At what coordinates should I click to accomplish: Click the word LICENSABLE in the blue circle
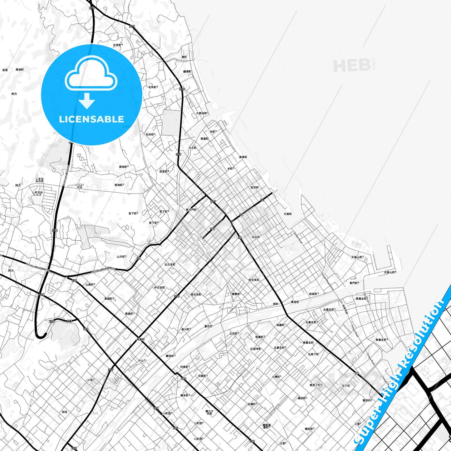tap(91, 119)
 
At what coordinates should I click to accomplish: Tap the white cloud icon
tap(91, 75)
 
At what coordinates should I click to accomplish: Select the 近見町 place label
tap(117, 45)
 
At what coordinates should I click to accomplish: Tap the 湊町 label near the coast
tap(184, 57)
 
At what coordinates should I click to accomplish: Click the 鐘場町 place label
tap(187, 71)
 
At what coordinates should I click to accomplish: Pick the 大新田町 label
tap(202, 113)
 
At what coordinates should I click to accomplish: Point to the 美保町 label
tap(243, 157)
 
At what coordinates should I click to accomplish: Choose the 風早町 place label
tap(254, 188)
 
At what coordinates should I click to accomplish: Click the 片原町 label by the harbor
tap(287, 214)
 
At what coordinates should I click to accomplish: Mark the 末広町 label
tap(256, 237)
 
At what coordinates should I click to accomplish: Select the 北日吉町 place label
tap(170, 265)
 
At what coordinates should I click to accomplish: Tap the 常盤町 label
tap(140, 339)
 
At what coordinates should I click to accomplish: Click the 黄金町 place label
tap(295, 302)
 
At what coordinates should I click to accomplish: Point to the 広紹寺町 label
tap(255, 349)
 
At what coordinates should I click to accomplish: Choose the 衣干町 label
tap(346, 386)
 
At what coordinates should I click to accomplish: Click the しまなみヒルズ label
tap(37, 193)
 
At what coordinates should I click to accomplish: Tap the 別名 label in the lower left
tap(65, 412)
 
